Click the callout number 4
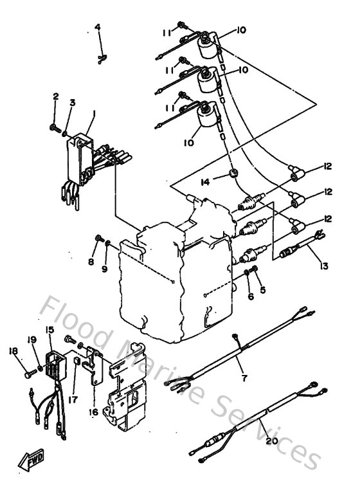tap(98, 27)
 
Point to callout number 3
tap(73, 102)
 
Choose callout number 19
tap(32, 340)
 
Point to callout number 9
tap(104, 269)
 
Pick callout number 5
tap(262, 289)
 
